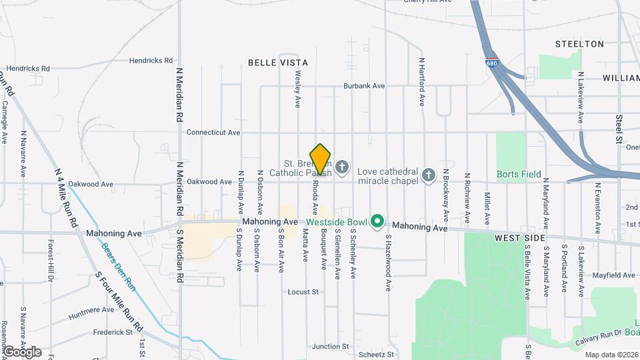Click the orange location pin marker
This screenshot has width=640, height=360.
tap(321, 159)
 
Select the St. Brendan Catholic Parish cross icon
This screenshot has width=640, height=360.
tap(342, 167)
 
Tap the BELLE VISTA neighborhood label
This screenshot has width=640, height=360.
tap(278, 62)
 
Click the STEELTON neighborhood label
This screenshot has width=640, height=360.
tap(579, 44)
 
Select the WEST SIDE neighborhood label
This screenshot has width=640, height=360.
tap(520, 238)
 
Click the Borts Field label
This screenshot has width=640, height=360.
tap(519, 175)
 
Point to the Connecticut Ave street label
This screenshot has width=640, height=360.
tap(213, 133)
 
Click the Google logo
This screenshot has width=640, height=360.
tap(22, 351)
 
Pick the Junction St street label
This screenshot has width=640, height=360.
tap(330, 347)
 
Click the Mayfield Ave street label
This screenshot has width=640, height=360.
tap(613, 275)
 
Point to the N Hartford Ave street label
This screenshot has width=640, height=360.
tap(422, 81)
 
